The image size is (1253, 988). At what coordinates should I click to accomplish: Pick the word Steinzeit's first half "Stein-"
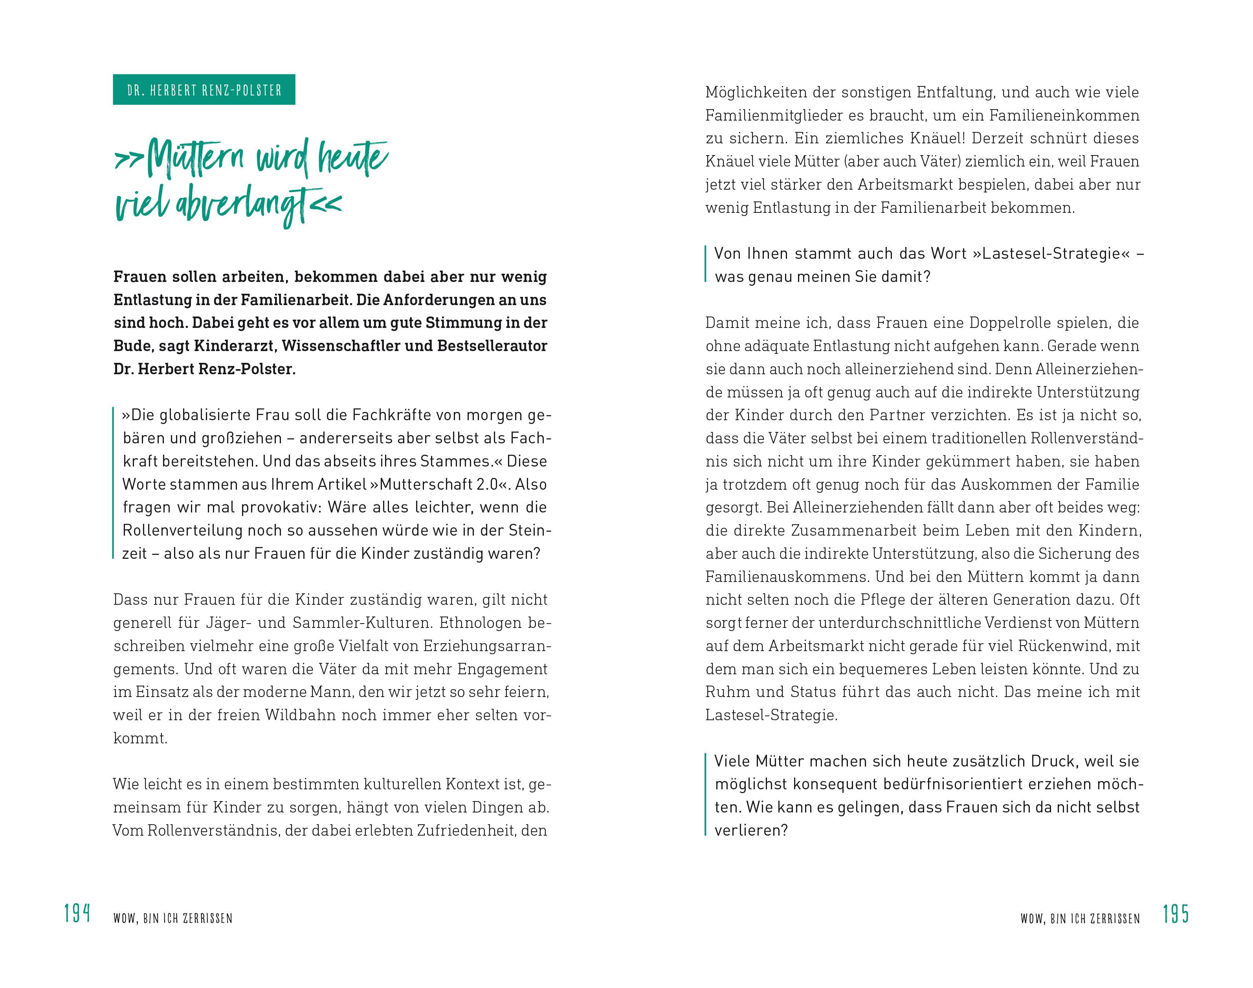pyautogui.click(x=530, y=531)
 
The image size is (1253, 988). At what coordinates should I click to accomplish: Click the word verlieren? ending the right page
pyautogui.click(x=750, y=831)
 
